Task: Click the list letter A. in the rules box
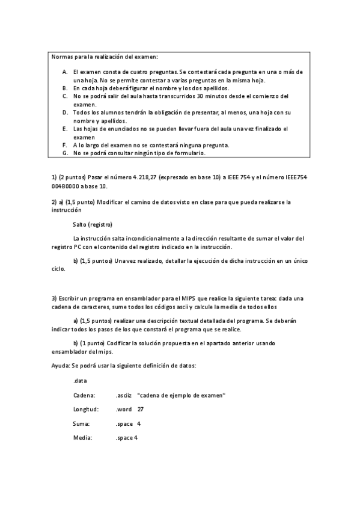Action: (64, 72)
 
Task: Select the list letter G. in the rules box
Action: (64, 153)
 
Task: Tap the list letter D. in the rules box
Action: (64, 112)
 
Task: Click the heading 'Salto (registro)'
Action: (92, 224)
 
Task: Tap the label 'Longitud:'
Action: (86, 410)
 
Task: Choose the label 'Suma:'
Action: (81, 423)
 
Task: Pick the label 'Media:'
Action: (82, 438)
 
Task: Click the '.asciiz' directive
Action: (124, 395)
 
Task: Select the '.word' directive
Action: (124, 410)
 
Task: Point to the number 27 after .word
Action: (141, 410)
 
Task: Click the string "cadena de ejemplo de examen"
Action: (182, 395)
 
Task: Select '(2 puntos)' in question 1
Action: (73, 177)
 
